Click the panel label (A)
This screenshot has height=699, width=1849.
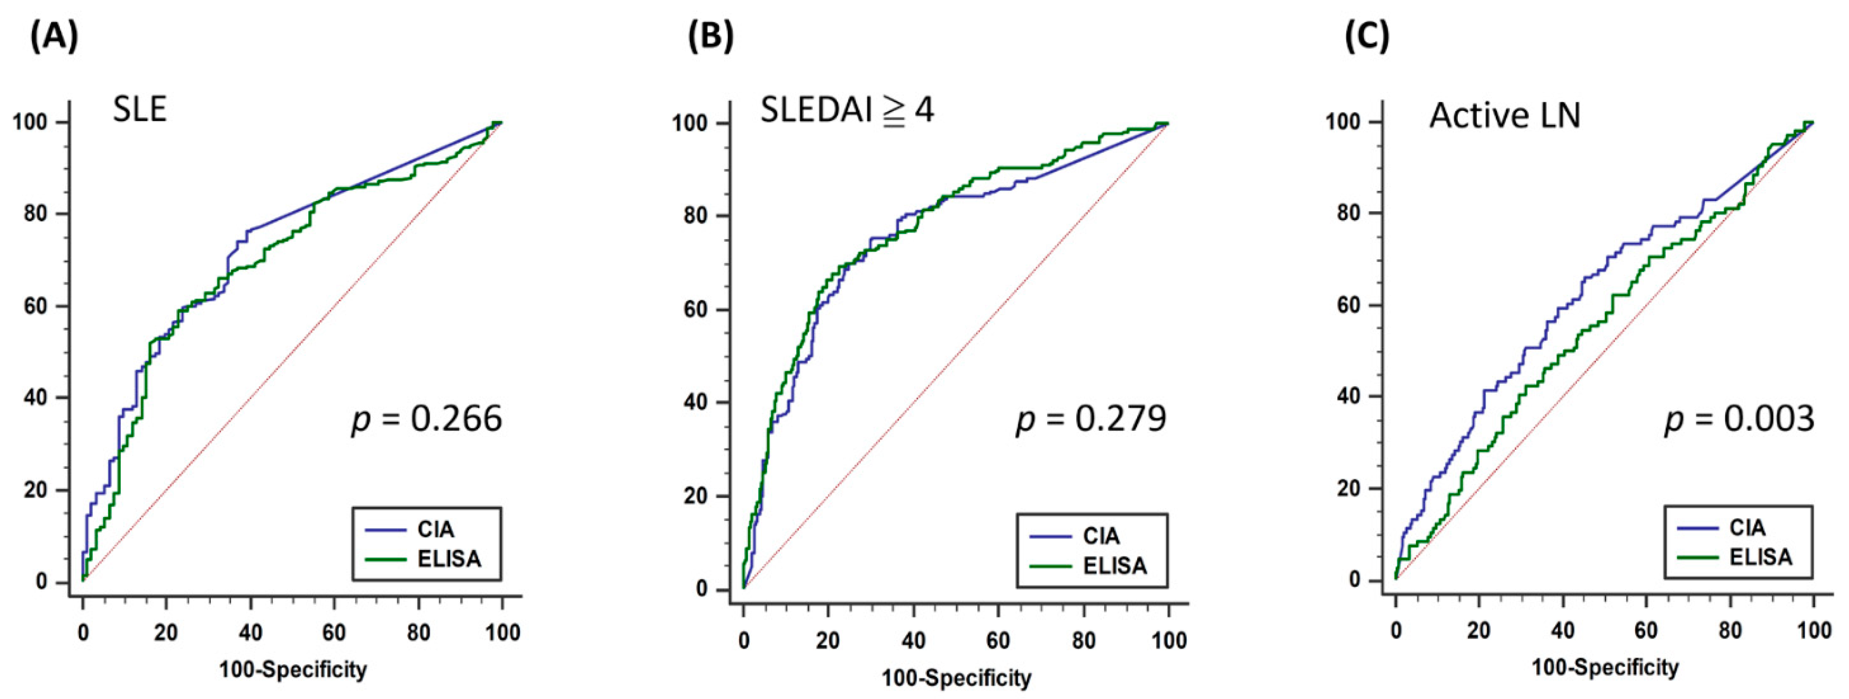tap(54, 37)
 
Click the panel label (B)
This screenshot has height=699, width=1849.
tap(711, 37)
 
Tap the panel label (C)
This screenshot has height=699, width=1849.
tap(1367, 37)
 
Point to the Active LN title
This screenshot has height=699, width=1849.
tap(1505, 115)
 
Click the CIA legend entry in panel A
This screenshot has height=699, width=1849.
tap(435, 530)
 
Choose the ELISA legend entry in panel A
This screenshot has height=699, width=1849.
tap(449, 558)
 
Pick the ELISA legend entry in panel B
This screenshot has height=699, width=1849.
tap(1115, 565)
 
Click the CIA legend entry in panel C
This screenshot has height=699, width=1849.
tap(1747, 527)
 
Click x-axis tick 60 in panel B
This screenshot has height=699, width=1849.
tap(998, 640)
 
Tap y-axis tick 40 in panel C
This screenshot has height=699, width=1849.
tap(1350, 396)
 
